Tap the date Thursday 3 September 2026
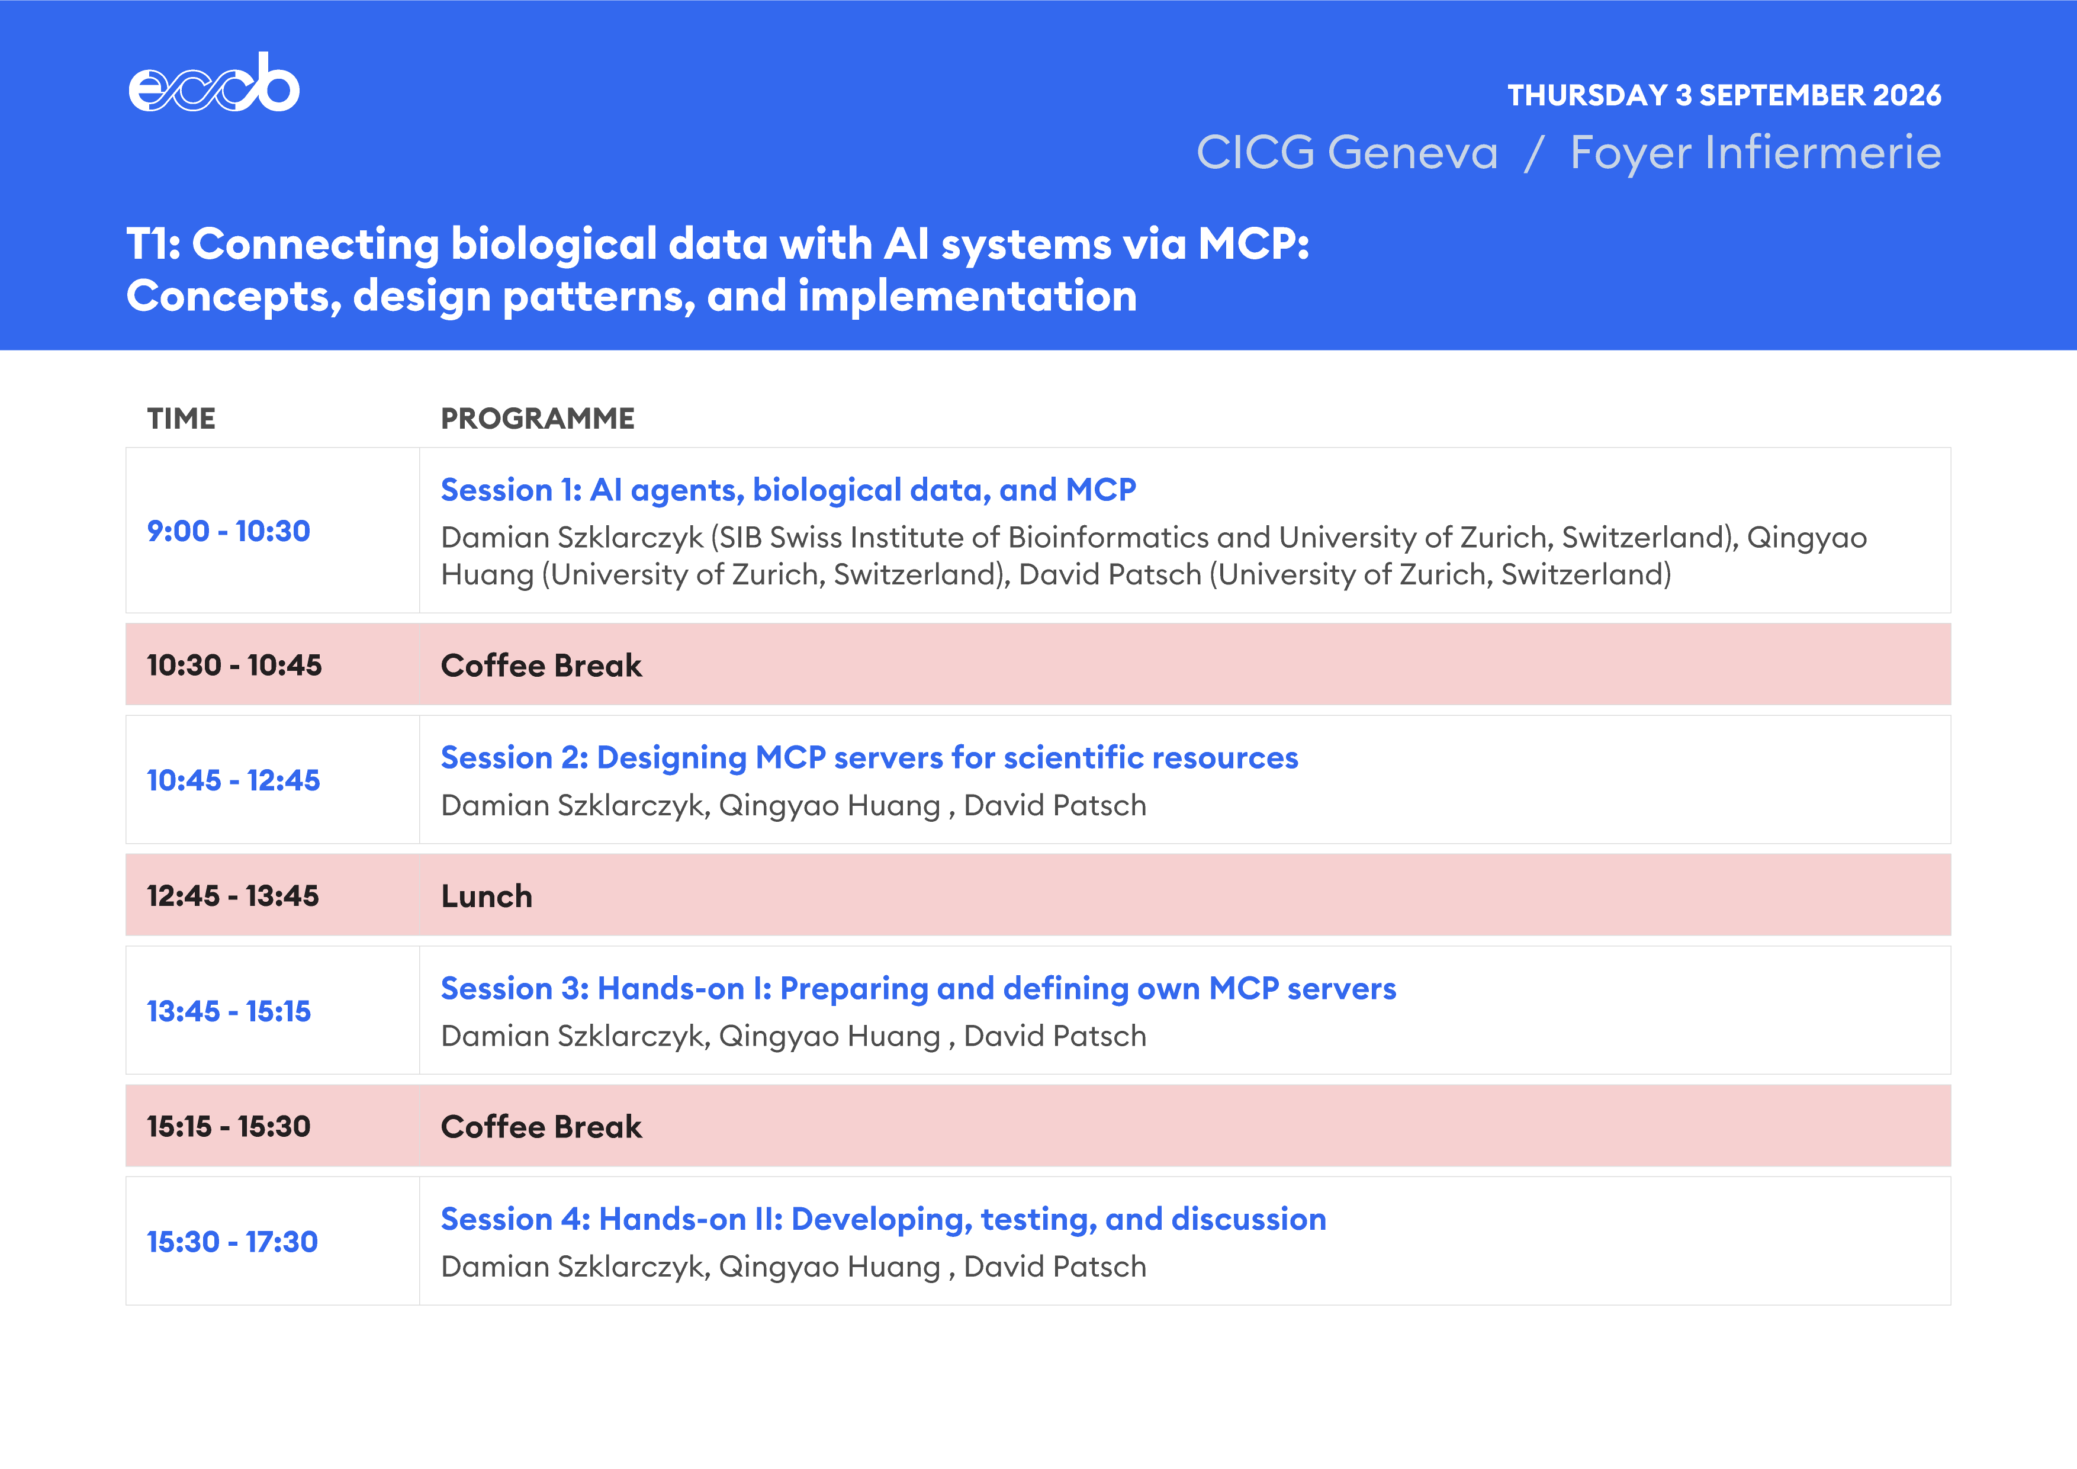coord(1724,95)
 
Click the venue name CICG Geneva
coord(1347,152)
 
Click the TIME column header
coord(181,419)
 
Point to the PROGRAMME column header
coord(538,419)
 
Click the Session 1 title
coord(788,490)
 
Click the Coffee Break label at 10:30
coord(541,666)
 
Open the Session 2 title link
coord(869,758)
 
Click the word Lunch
coord(487,896)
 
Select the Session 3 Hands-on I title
coord(918,989)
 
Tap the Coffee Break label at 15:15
coord(541,1127)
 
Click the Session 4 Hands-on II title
coord(883,1219)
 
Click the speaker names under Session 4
coord(793,1267)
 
